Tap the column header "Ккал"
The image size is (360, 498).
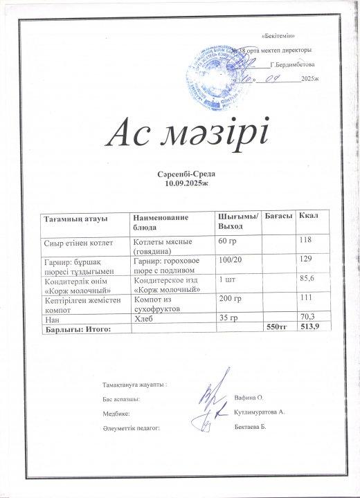tap(308, 217)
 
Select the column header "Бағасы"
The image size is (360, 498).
tap(278, 217)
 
